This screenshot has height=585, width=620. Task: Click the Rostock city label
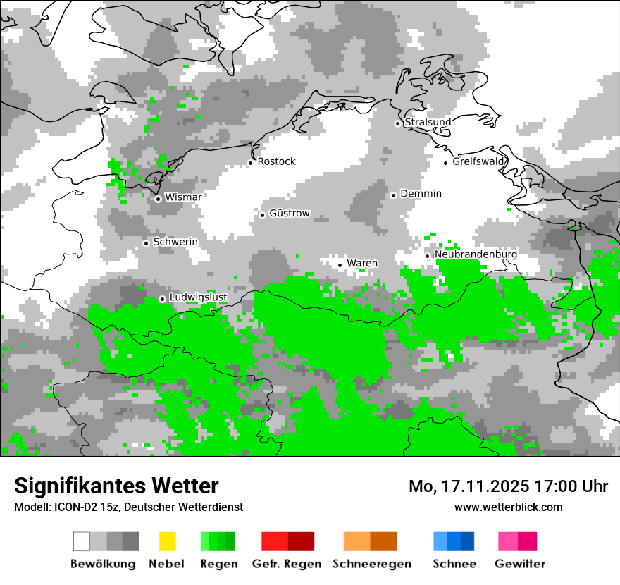tap(276, 161)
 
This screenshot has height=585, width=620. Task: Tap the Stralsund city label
tap(428, 122)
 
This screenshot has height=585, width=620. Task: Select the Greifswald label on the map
tap(479, 161)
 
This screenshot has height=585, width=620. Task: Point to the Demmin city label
tap(421, 194)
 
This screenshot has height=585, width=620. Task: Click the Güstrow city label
tap(289, 214)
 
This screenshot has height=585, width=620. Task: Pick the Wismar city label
tap(182, 197)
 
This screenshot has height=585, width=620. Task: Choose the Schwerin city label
tap(175, 242)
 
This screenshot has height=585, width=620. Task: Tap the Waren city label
tap(361, 264)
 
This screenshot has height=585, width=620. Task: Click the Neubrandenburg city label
tap(476, 254)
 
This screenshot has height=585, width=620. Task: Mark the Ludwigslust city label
tap(198, 297)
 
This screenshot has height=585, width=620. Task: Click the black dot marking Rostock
tap(250, 163)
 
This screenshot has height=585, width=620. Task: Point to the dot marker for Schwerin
tap(146, 243)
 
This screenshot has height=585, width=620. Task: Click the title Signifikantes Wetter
tap(116, 486)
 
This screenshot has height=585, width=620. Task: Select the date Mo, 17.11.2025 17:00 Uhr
tap(508, 486)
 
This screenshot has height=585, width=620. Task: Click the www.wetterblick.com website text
tap(508, 507)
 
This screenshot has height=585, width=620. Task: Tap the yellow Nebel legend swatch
tap(167, 541)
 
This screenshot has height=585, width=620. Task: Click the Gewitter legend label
tap(519, 564)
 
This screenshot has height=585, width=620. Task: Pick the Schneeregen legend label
tap(371, 564)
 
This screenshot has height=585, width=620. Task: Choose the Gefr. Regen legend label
tap(286, 564)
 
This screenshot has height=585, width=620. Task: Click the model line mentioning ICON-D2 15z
tap(128, 507)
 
